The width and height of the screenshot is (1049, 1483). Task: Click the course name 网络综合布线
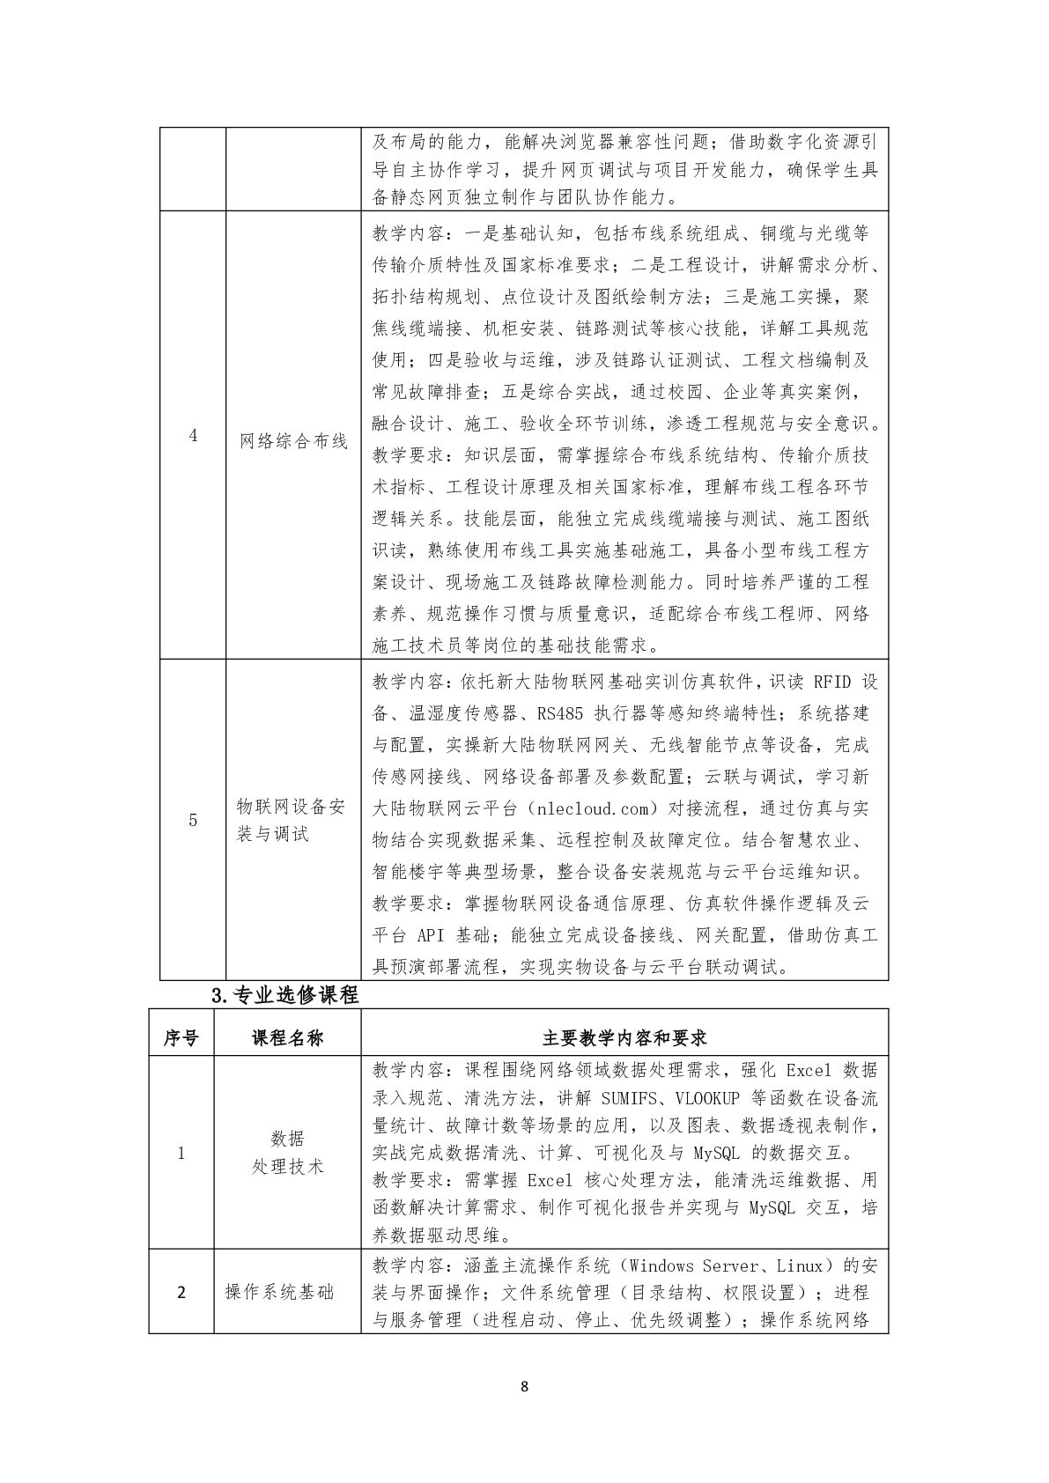(293, 441)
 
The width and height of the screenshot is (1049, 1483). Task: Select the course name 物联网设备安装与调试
(291, 820)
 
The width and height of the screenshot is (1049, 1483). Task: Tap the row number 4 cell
(194, 437)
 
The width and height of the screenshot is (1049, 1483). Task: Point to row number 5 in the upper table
(193, 821)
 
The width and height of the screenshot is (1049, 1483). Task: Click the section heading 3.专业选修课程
(284, 995)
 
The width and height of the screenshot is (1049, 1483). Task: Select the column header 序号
(181, 1038)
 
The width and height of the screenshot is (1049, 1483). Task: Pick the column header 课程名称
(287, 1038)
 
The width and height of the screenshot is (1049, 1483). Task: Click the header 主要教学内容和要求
(624, 1038)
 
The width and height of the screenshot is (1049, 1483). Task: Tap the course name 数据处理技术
(287, 1153)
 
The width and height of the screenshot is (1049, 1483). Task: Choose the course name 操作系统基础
(280, 1293)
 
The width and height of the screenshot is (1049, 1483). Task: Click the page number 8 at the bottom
(525, 1387)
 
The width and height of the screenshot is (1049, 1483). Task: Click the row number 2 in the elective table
(181, 1293)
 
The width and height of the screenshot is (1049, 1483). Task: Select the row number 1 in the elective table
(181, 1153)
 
